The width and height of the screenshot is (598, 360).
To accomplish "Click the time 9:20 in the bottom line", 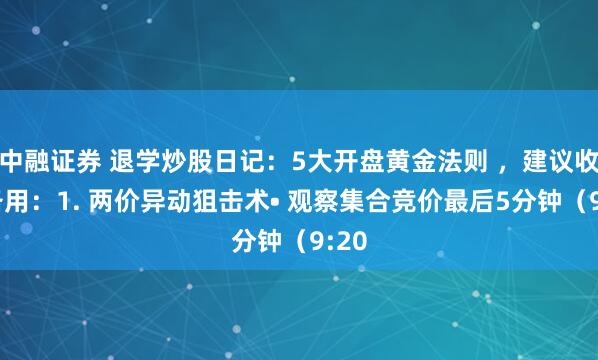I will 331,241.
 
